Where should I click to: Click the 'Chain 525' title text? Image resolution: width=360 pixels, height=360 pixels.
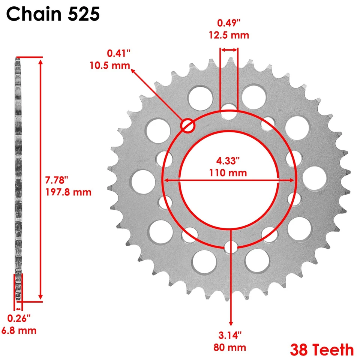point(53,14)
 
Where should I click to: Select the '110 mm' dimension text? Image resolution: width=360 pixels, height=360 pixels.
point(228,173)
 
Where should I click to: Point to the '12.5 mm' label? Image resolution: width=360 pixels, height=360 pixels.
point(229,35)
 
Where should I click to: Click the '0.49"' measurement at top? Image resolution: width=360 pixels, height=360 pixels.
point(229,23)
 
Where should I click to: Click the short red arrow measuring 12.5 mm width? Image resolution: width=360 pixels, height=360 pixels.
point(229,49)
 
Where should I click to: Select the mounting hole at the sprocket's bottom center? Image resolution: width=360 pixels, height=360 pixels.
point(231,247)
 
